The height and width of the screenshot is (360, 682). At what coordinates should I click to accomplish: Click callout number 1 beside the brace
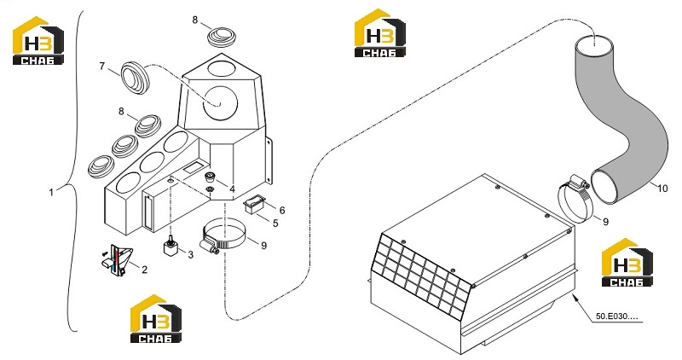51,192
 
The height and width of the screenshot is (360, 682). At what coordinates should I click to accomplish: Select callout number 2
144,270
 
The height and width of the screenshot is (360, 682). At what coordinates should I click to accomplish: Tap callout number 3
190,254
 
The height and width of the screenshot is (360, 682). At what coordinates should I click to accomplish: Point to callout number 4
232,189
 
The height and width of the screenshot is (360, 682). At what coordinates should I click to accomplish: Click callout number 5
275,224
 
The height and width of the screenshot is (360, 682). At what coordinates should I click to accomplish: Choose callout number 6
282,211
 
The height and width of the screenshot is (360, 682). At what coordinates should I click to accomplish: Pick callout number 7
102,67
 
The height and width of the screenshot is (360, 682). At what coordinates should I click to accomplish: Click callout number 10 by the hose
662,189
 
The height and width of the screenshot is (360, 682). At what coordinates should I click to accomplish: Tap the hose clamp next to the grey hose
575,200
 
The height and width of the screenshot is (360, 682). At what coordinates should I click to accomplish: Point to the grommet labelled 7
135,77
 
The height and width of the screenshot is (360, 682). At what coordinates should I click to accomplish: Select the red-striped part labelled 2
117,260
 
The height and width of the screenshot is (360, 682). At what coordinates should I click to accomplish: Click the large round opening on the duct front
221,103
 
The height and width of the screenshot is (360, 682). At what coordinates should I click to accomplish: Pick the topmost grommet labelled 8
223,36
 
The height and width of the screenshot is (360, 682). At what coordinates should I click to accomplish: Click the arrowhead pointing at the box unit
575,298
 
